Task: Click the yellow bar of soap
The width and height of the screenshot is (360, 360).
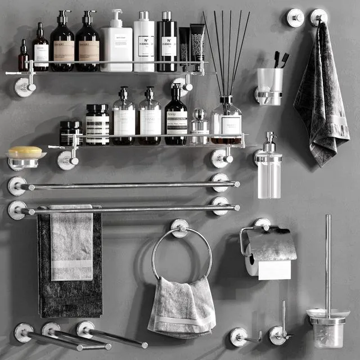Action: pyautogui.click(x=25, y=152)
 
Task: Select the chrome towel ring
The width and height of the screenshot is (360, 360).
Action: pyautogui.click(x=182, y=253)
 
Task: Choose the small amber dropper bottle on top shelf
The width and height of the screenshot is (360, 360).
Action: pyautogui.click(x=23, y=58)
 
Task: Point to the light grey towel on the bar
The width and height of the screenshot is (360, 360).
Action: pyautogui.click(x=71, y=245)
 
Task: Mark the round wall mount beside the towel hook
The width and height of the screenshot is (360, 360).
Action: pyautogui.click(x=295, y=18)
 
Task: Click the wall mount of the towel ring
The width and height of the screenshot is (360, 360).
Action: pyautogui.click(x=179, y=226)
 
